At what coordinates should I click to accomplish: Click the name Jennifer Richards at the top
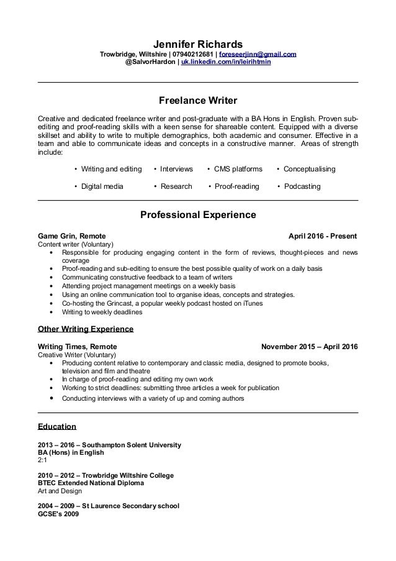[x=198, y=44]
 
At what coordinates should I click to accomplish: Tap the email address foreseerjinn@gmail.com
[x=256, y=55]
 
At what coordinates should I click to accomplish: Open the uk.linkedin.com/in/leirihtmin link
[x=226, y=63]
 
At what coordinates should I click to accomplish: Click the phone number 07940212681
[x=191, y=55]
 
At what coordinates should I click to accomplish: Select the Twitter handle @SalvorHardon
[x=150, y=63]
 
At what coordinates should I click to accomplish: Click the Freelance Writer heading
[x=198, y=99]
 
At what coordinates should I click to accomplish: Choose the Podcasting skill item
[x=301, y=186]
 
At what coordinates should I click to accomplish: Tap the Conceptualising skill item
[x=308, y=169]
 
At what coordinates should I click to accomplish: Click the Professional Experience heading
[x=198, y=216]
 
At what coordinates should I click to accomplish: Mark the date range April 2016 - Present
[x=323, y=237]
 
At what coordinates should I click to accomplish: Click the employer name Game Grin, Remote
[x=72, y=237]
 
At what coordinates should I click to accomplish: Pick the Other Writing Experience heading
[x=86, y=329]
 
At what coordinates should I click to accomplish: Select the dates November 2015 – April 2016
[x=310, y=346]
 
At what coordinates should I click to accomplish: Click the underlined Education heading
[x=57, y=427]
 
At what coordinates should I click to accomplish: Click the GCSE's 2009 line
[x=58, y=514]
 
